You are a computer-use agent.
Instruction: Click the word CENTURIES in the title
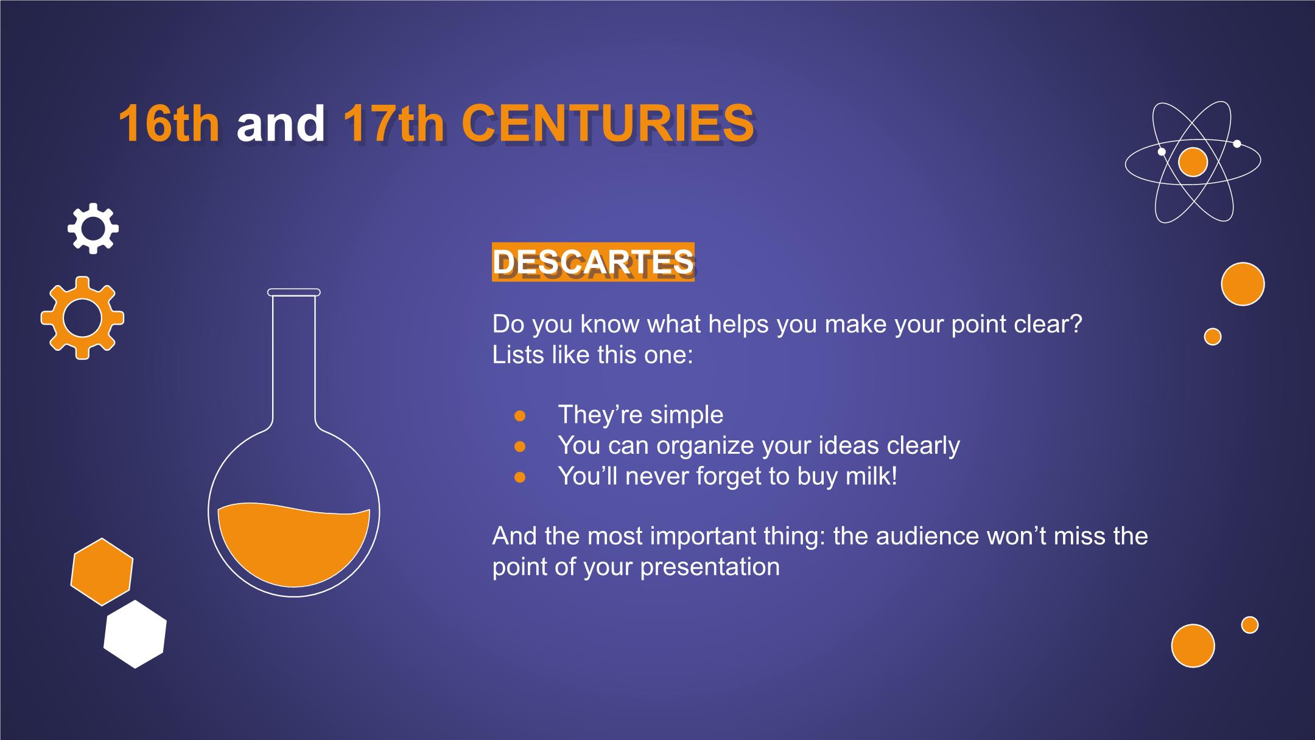pyautogui.click(x=608, y=124)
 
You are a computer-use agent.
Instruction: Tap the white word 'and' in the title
pyautogui.click(x=281, y=124)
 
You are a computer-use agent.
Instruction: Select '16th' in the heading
pyautogui.click(x=169, y=124)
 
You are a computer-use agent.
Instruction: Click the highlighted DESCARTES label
pyautogui.click(x=593, y=263)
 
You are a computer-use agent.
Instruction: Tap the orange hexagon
pyautogui.click(x=102, y=572)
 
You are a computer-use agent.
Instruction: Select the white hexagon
pyautogui.click(x=135, y=634)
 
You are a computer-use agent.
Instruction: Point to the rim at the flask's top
pyautogui.click(x=293, y=292)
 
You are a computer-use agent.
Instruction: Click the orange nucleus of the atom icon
pyautogui.click(x=1193, y=163)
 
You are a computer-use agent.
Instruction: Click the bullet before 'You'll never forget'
pyautogui.click(x=520, y=477)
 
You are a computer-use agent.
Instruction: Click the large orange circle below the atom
pyautogui.click(x=1243, y=284)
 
